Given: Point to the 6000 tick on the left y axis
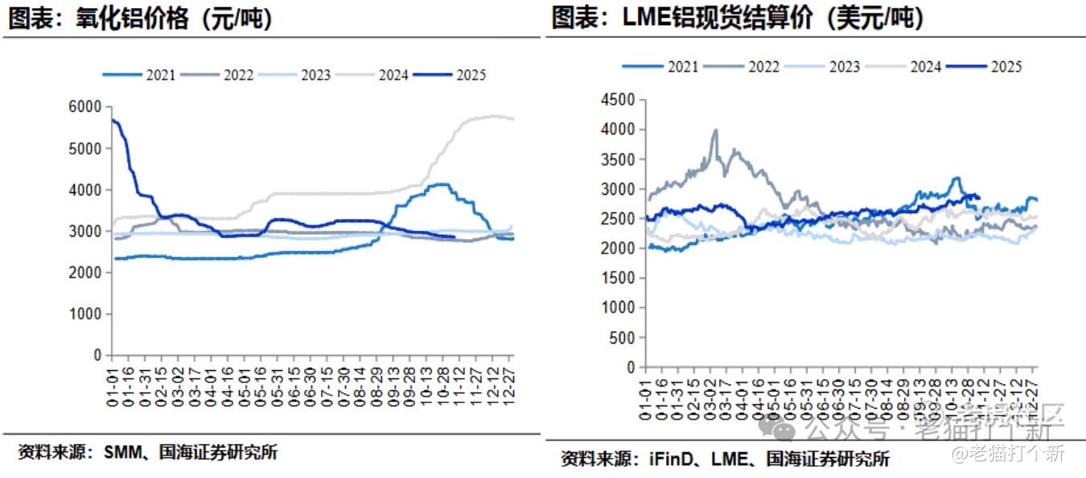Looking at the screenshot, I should tap(86, 107).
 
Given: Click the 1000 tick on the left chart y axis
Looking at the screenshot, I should tap(86, 314).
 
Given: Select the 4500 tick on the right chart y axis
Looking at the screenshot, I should tap(619, 100).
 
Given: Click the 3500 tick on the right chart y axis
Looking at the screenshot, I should tap(619, 159).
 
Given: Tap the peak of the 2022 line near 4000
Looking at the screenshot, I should tap(715, 130).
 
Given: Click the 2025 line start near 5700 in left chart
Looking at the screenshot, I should tap(113, 120).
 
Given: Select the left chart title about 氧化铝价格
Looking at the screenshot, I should tap(141, 19).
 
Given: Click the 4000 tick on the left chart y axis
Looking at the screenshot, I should tap(86, 190).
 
